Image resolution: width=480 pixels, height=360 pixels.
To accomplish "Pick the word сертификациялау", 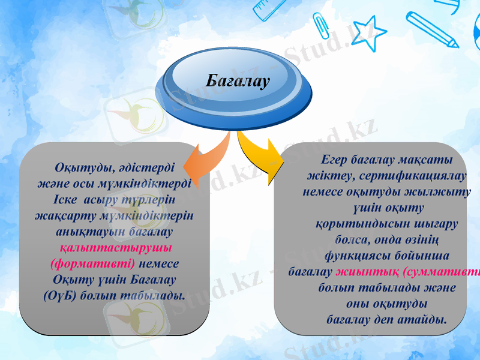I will coord(415,176).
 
